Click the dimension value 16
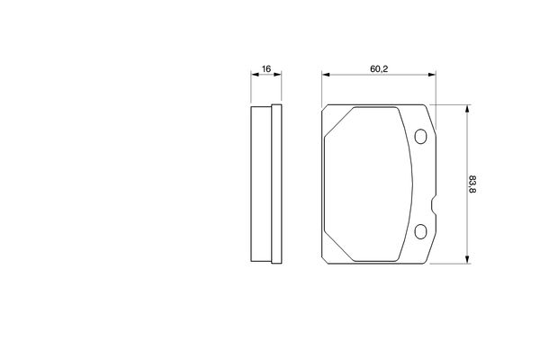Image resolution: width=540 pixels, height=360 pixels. pyautogui.click(x=266, y=69)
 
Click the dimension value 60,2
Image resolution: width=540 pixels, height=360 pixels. pyautogui.click(x=379, y=69)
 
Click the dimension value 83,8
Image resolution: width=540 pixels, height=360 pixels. pyautogui.click(x=472, y=184)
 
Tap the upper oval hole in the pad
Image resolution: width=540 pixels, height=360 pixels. pyautogui.click(x=420, y=137)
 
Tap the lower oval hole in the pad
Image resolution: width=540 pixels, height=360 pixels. pyautogui.click(x=420, y=231)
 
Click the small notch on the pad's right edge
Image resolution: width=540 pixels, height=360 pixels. pyautogui.click(x=434, y=205)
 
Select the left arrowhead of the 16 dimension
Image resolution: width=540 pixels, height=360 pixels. pyautogui.click(x=256, y=74)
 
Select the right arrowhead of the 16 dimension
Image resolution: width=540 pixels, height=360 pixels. pyautogui.click(x=277, y=74)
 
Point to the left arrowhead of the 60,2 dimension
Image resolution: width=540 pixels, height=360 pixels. pyautogui.click(x=326, y=75)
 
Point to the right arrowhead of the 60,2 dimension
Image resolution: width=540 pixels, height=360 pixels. pyautogui.click(x=432, y=75)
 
